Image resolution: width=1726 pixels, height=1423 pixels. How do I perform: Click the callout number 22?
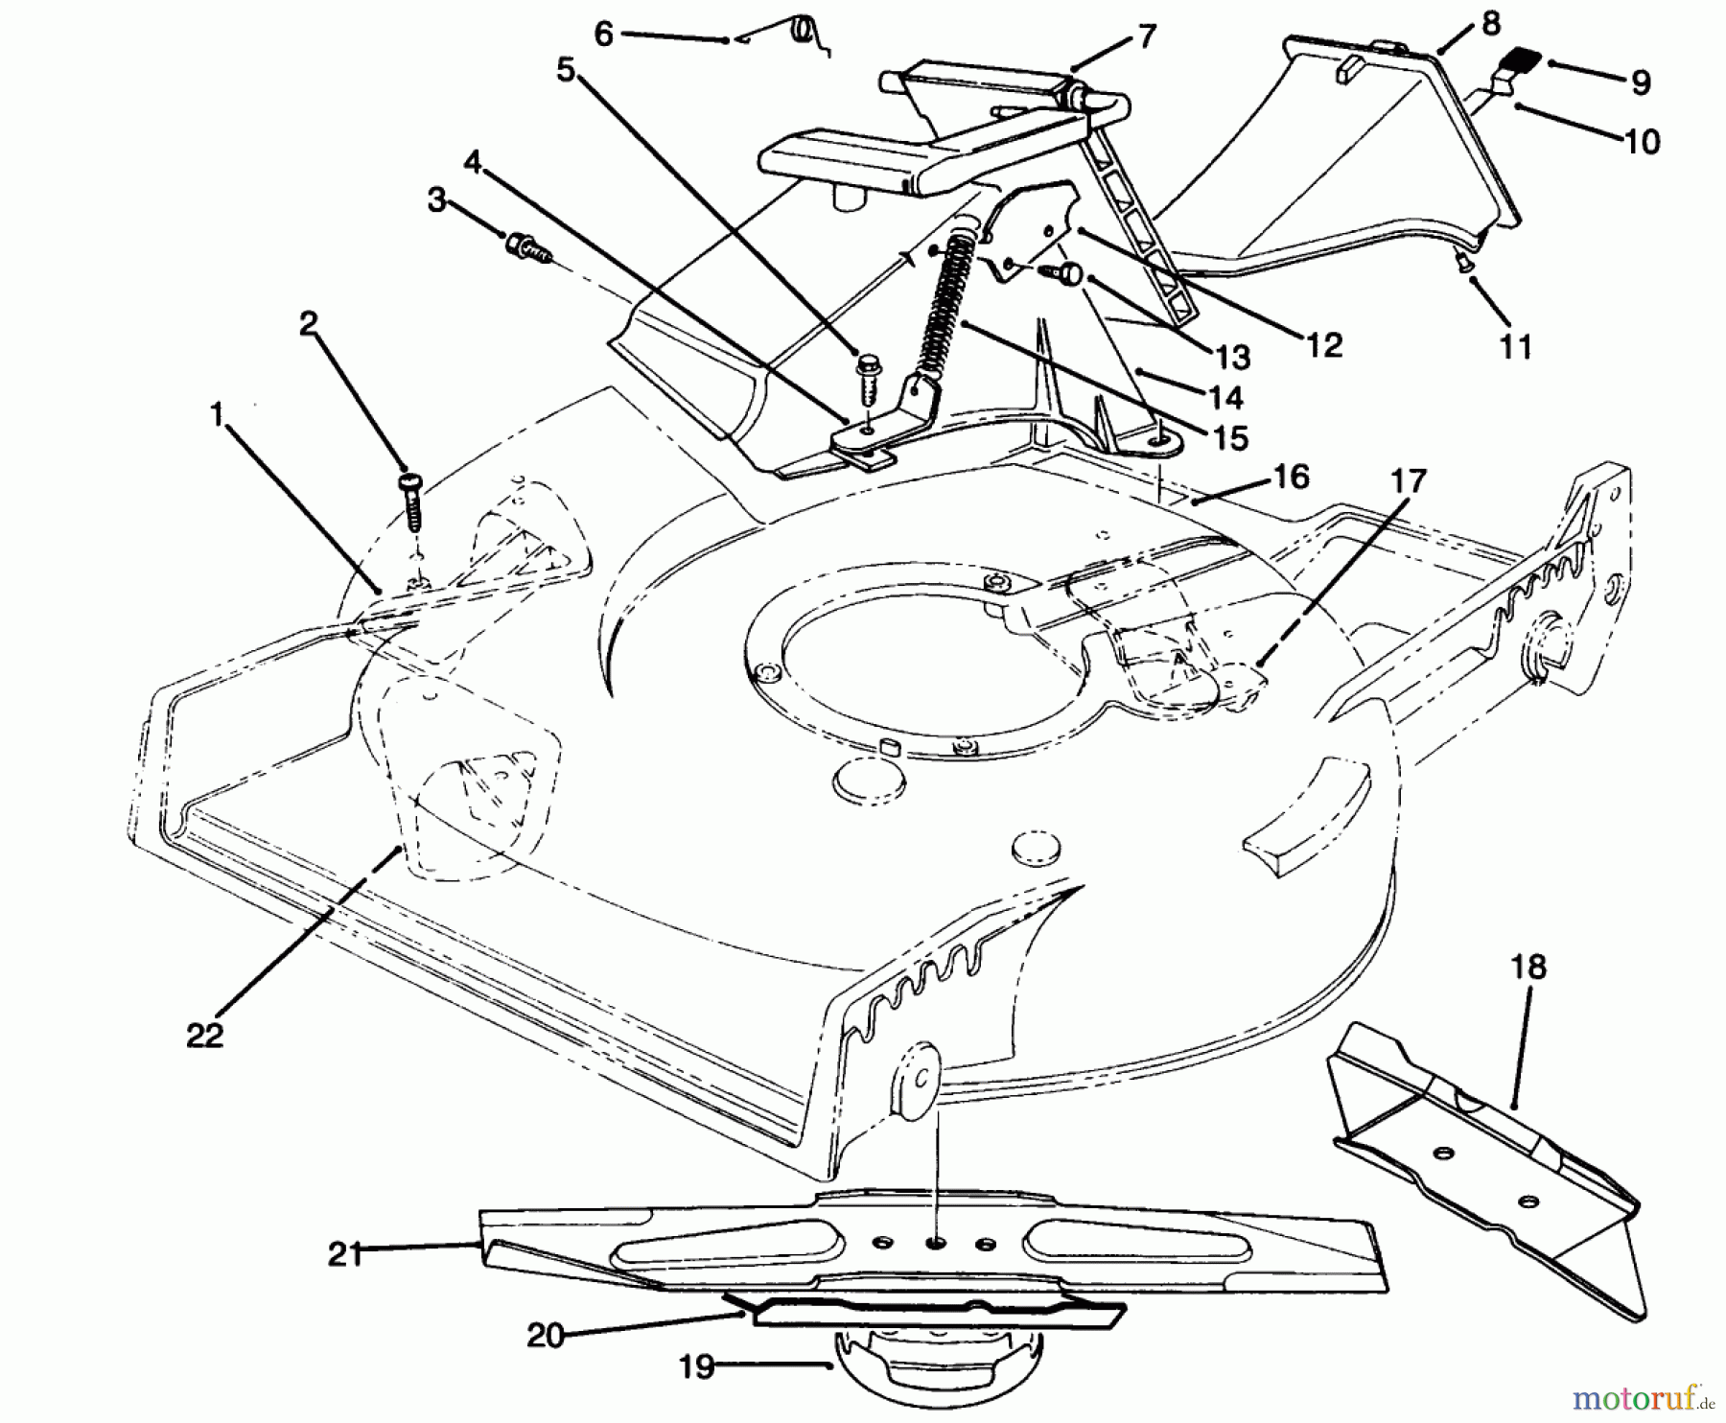pos(204,1035)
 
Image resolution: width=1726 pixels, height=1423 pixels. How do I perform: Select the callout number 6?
pos(603,34)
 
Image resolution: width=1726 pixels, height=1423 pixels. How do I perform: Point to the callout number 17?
pos(1409,480)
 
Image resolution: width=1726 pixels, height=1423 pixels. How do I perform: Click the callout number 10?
pos(1643,142)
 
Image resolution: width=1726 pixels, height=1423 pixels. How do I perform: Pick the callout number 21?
pos(345,1253)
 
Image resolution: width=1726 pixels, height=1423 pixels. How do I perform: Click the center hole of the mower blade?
pos(934,1242)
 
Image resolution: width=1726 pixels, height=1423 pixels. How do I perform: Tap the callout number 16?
pos(1292,477)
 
